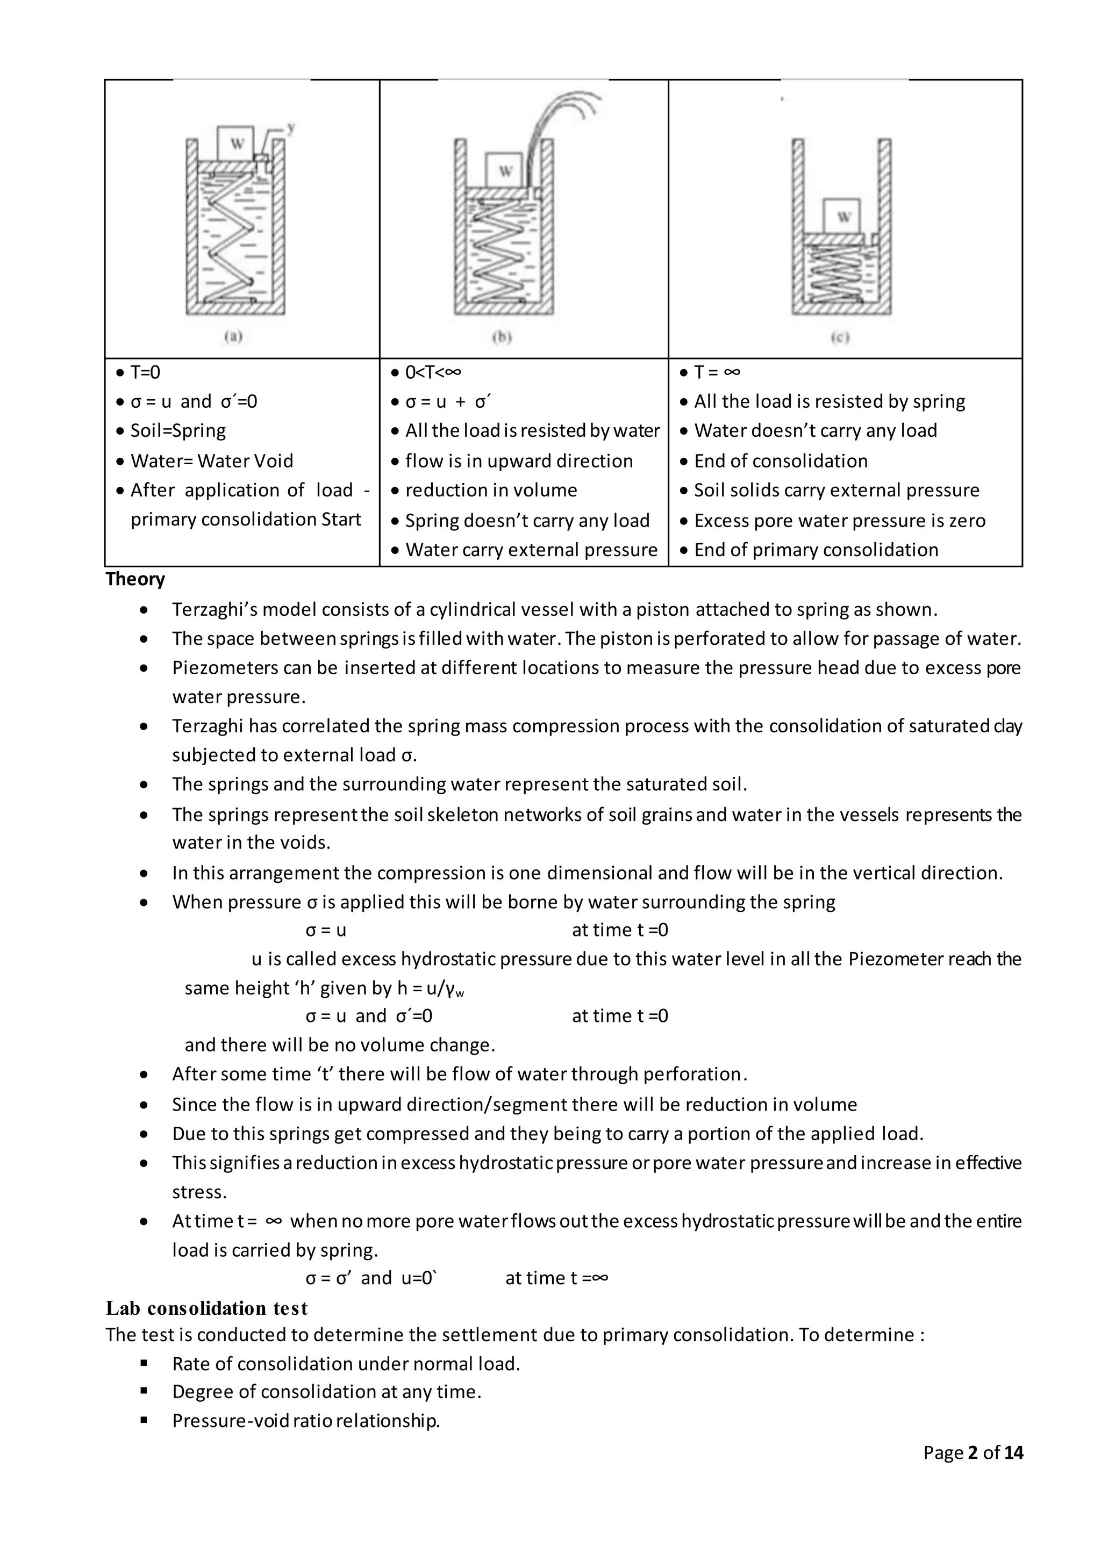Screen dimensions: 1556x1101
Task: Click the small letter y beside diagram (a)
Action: point(291,127)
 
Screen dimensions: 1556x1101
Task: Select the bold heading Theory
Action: point(135,579)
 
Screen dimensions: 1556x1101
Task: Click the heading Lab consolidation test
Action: point(207,1308)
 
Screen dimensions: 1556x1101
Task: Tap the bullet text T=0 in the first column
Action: point(145,372)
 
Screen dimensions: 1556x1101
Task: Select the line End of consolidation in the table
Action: point(781,461)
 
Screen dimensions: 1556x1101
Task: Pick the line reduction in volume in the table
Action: point(491,490)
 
